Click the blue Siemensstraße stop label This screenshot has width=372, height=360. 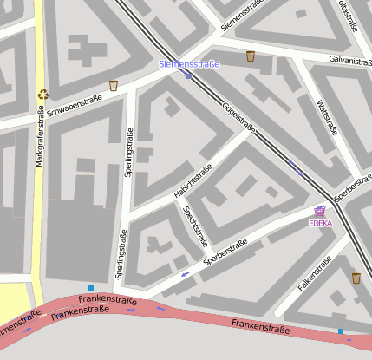(x=189, y=64)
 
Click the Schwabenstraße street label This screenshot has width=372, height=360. (x=75, y=106)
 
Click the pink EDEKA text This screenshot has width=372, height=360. (x=320, y=223)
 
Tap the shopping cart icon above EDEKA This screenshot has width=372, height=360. (x=320, y=211)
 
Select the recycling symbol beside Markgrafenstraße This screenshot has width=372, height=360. (x=42, y=94)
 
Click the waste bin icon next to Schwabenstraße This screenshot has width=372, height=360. (x=114, y=85)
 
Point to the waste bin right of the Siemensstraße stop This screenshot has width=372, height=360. (x=251, y=56)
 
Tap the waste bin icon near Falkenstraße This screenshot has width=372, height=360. (x=356, y=278)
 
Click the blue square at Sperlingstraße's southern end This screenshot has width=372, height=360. (x=91, y=287)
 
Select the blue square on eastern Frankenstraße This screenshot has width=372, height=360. (x=340, y=331)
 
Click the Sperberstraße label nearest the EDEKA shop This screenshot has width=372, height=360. (x=353, y=193)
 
